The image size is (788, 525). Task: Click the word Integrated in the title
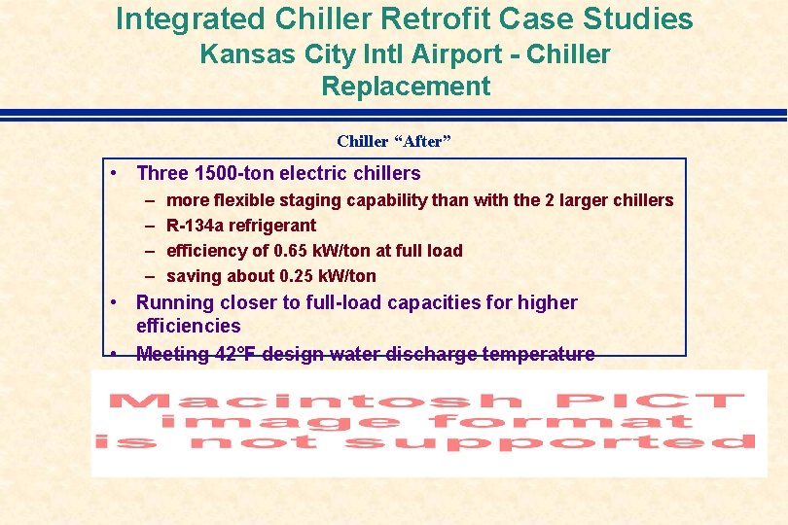pyautogui.click(x=191, y=18)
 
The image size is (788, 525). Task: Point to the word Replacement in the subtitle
pyautogui.click(x=406, y=87)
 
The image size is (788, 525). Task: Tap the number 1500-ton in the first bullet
pyautogui.click(x=234, y=174)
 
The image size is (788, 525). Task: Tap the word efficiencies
pyautogui.click(x=188, y=326)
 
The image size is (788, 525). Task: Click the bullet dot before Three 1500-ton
pyautogui.click(x=115, y=174)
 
